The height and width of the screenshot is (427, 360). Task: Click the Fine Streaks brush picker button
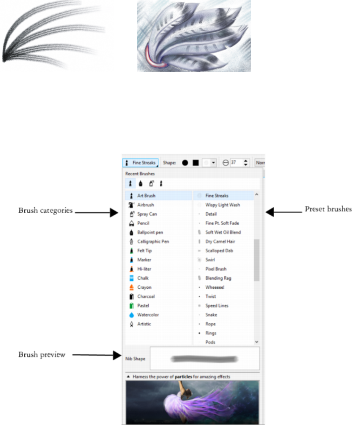[140, 163]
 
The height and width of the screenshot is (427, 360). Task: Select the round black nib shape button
[185, 163]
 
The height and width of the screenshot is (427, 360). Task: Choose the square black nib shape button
[195, 163]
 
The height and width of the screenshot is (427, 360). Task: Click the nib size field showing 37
[235, 163]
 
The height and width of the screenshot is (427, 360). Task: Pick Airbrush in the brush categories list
[145, 205]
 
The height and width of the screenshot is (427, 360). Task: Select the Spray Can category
[147, 214]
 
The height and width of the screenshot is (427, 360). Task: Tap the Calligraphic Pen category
[153, 241]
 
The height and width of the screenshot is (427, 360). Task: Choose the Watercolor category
[148, 315]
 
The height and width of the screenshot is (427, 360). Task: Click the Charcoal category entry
[146, 296]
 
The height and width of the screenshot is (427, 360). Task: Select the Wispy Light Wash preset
[222, 205]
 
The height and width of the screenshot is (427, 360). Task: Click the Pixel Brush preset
[216, 269]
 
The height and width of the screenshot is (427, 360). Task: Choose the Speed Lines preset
[217, 305]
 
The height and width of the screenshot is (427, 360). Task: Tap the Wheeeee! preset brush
[215, 287]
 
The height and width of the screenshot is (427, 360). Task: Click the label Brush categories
[45, 210]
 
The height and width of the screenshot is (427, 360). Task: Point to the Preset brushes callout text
[328, 209]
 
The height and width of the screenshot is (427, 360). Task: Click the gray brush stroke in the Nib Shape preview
[205, 358]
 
